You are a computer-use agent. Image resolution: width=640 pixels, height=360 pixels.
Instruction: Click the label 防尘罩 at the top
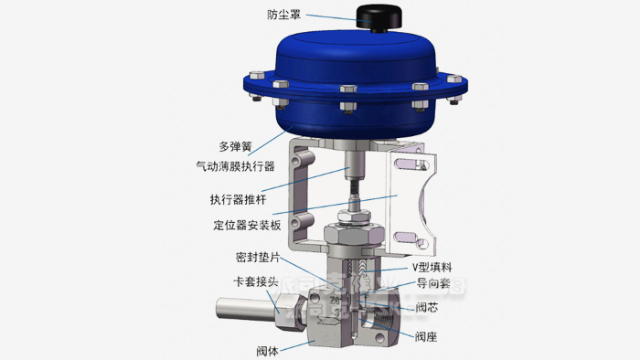pyautogui.click(x=285, y=15)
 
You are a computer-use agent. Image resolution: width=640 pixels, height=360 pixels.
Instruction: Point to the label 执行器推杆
pyautogui.click(x=235, y=198)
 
